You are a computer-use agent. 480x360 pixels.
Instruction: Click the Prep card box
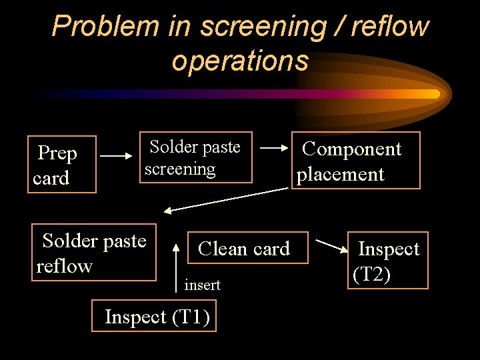point(62,165)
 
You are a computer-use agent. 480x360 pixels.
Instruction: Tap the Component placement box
point(356,161)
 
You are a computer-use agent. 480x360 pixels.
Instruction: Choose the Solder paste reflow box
point(94,253)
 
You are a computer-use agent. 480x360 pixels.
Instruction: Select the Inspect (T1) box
point(157,317)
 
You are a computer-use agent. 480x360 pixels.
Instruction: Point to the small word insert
point(202,285)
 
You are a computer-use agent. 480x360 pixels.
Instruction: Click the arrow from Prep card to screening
point(117,157)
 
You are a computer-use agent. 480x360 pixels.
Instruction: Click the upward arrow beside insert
point(176,267)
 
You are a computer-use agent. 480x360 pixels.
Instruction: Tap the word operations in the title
point(240,60)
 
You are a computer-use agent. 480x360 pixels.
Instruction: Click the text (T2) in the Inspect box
point(371,273)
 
